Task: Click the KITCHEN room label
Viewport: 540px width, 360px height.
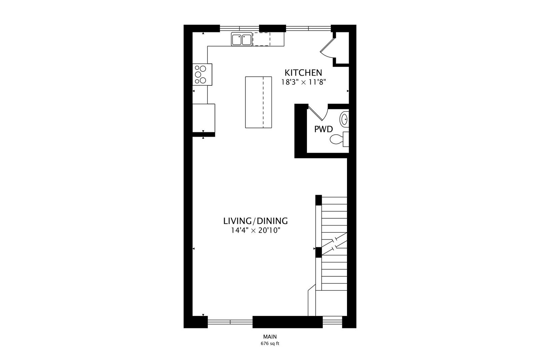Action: tap(303, 73)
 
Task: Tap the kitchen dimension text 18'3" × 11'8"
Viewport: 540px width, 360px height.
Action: tap(304, 82)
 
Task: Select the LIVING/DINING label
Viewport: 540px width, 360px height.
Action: tap(256, 221)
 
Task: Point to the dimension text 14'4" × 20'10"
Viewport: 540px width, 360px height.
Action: tap(256, 231)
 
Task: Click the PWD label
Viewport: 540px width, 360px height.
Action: tap(324, 129)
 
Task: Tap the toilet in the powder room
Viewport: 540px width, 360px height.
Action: tap(339, 139)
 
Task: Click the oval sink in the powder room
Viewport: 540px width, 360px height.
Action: tap(344, 119)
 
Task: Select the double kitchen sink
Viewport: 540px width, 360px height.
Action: tap(242, 39)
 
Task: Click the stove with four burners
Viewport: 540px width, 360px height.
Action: tap(202, 74)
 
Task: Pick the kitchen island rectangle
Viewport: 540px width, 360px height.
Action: tap(258, 102)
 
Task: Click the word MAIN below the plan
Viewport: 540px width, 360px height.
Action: tap(270, 337)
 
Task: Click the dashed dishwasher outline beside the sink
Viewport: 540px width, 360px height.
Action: tap(261, 39)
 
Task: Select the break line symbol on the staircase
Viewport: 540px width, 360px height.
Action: tap(334, 244)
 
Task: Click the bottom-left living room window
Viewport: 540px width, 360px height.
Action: tap(230, 322)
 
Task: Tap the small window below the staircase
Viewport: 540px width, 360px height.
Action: tap(332, 322)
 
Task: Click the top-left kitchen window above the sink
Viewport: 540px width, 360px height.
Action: tap(239, 28)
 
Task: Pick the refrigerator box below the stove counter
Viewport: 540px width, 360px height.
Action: tap(204, 118)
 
